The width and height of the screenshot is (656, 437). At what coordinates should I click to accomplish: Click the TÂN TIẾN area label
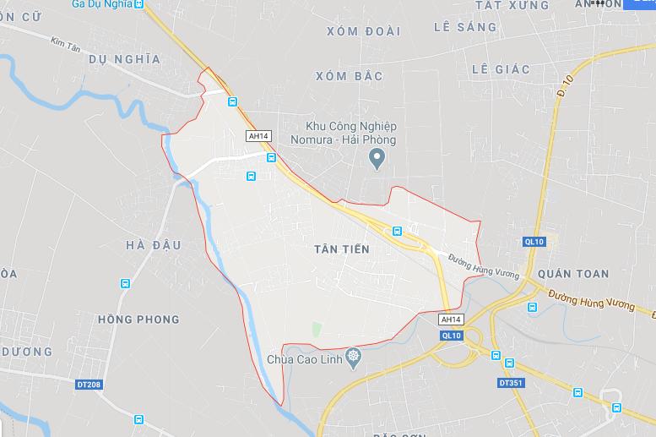coord(341,249)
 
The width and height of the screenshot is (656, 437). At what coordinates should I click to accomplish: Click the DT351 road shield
coord(510,383)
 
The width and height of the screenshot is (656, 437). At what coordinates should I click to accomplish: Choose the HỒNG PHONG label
coord(138,320)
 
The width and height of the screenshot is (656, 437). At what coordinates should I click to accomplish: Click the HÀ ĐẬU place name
coord(154,245)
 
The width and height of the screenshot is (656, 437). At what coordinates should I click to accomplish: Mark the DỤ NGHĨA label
coord(123,58)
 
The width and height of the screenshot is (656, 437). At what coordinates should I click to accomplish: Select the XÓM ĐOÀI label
coord(363,30)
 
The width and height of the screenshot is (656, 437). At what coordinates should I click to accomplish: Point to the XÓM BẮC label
coord(349,76)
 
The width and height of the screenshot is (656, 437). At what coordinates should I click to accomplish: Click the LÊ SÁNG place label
coord(465,27)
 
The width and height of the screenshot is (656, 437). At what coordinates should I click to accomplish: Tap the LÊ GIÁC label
coord(501,68)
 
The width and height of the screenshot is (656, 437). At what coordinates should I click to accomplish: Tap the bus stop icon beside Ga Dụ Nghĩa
coord(139,4)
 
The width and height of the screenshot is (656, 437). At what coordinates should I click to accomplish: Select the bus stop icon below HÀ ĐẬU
coord(125,284)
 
